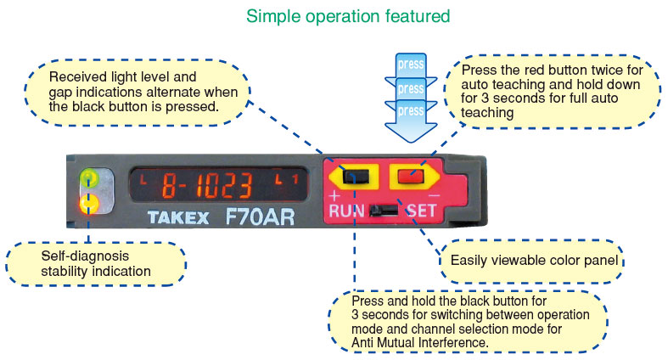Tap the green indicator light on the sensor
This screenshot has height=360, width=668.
coord(87,178)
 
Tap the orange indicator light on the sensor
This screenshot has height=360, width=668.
coord(87,203)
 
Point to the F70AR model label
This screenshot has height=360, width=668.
coord(260,216)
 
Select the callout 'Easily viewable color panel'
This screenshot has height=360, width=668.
coord(531,260)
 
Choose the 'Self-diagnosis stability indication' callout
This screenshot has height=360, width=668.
coord(95,263)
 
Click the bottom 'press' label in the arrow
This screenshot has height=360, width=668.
coord(411,110)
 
